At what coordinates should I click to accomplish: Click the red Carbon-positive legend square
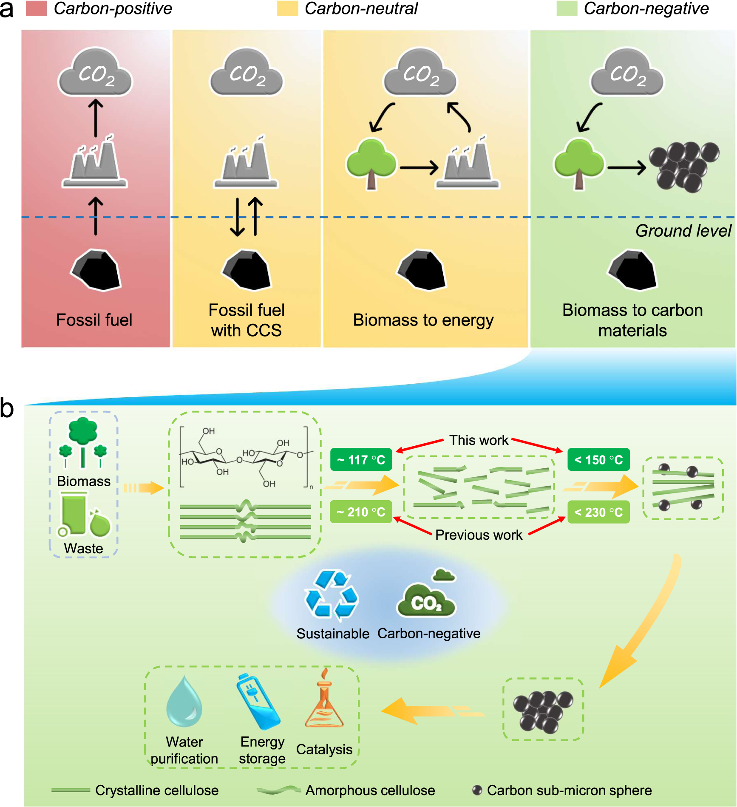[36, 8]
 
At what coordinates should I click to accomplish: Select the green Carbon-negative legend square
[567, 8]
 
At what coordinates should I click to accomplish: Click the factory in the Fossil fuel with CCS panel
[246, 164]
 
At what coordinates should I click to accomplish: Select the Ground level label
[683, 231]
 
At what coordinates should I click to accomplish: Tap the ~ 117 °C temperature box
[361, 460]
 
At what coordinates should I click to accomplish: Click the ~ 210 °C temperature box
[361, 512]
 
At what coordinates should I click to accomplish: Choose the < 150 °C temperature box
[598, 460]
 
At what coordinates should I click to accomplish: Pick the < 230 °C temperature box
[598, 512]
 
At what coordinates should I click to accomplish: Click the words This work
[479, 440]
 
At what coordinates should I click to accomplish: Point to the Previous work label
[479, 535]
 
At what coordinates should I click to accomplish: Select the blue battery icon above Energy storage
[258, 701]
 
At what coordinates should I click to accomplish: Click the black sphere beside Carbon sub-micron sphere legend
[477, 790]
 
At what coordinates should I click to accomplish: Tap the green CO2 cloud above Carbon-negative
[426, 600]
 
